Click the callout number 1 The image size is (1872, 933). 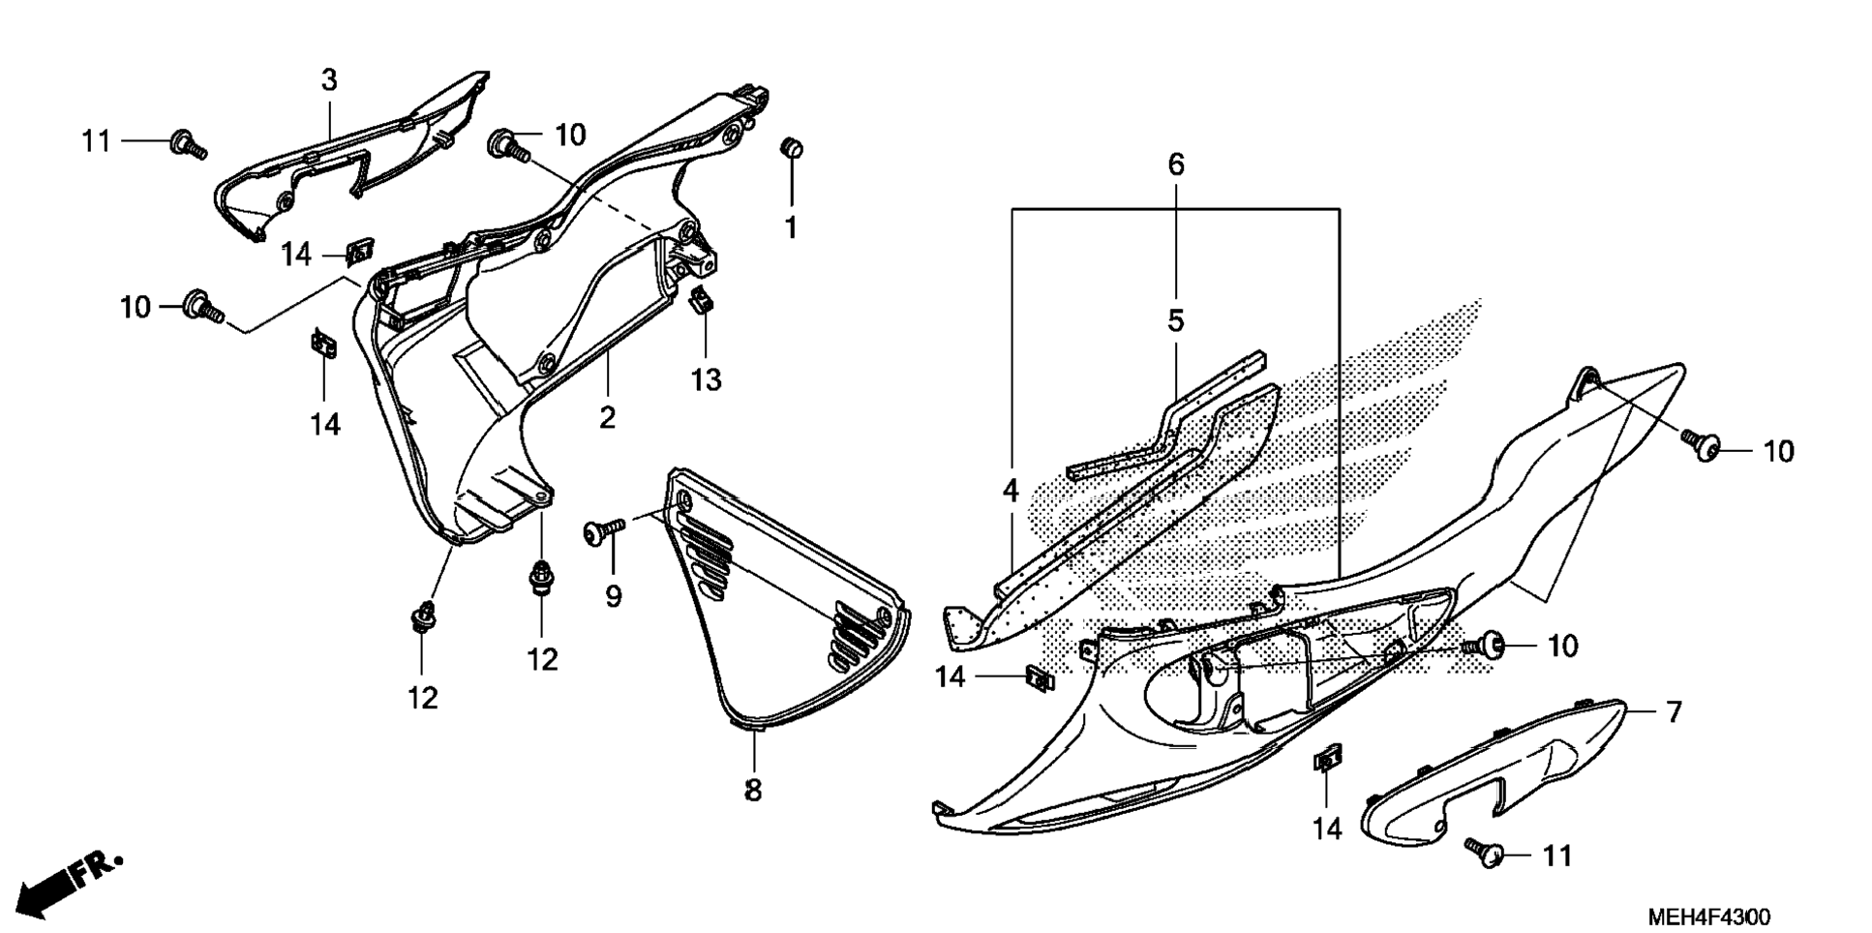791,228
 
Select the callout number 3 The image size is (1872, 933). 329,80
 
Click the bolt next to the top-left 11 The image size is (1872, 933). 186,143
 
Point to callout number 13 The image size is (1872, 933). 706,380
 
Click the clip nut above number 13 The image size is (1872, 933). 702,300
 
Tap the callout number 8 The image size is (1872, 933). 753,791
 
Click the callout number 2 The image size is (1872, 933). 607,418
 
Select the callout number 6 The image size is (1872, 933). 1175,165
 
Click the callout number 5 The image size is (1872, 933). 1175,320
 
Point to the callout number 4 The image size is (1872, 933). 1011,491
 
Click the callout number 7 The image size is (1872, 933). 1674,712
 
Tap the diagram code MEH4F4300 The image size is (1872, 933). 1710,916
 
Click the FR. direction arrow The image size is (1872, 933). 68,882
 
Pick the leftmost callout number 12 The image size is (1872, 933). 422,698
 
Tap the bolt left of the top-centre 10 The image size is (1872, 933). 508,146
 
